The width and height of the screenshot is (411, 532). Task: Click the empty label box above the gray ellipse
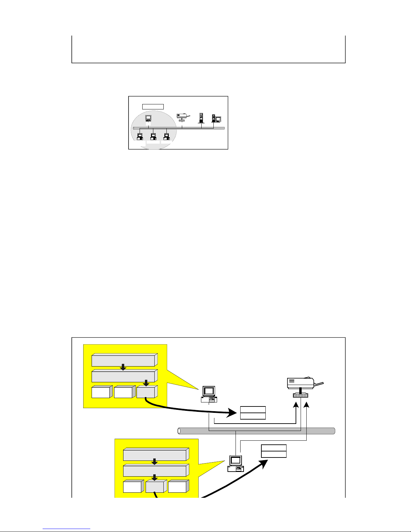point(153,107)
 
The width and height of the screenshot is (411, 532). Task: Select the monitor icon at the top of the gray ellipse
point(148,118)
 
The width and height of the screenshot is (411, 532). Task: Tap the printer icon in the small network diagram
point(183,117)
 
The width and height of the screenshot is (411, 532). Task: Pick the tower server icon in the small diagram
point(201,118)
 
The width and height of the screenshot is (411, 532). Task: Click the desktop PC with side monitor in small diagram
point(216,118)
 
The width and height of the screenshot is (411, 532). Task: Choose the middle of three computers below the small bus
point(153,136)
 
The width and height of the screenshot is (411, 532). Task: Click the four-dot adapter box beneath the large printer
point(301,395)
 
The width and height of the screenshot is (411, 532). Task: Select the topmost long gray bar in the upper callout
point(123,360)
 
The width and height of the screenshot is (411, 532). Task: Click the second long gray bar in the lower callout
point(155,471)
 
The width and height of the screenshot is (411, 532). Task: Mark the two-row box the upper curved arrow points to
point(253,413)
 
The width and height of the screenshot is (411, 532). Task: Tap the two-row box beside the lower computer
point(274,451)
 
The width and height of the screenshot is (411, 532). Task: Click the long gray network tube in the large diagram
point(257,431)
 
